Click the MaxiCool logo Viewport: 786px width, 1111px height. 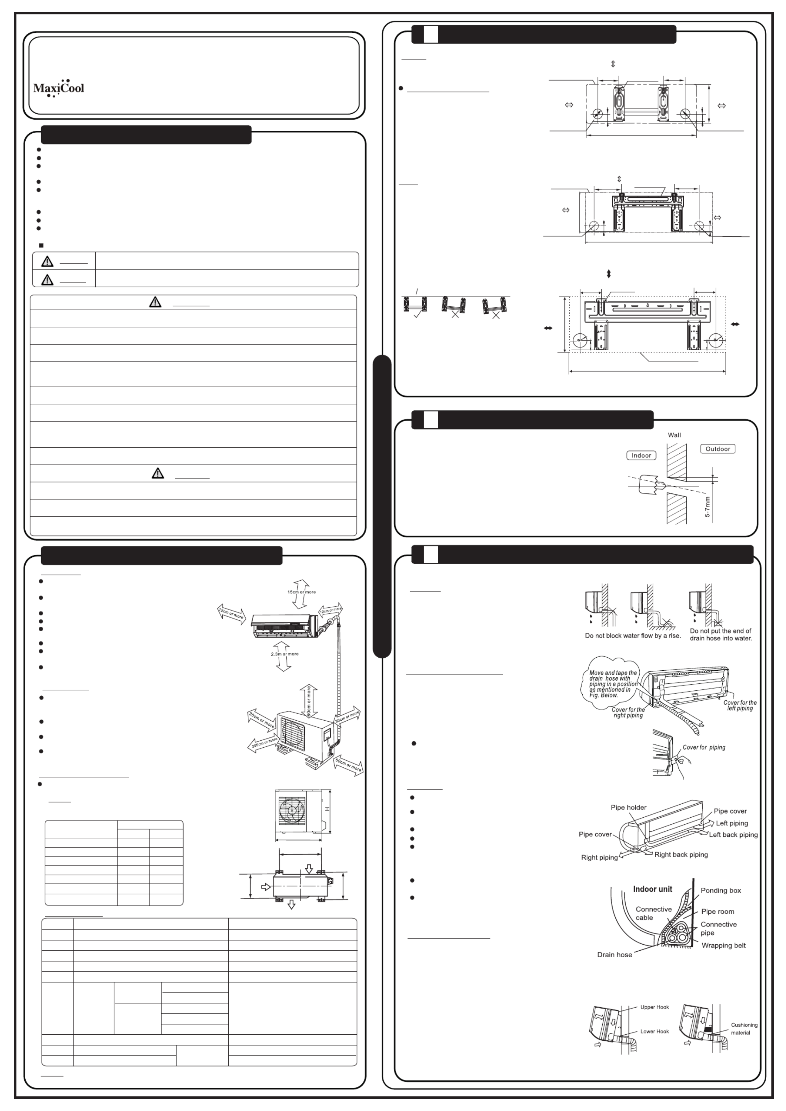[58, 88]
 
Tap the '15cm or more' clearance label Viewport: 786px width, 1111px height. [301, 592]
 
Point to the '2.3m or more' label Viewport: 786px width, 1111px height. [285, 654]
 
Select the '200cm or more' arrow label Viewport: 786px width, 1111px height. [264, 743]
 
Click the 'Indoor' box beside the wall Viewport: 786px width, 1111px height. [641, 455]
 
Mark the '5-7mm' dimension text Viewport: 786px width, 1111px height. [708, 507]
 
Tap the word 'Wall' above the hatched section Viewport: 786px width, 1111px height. [674, 435]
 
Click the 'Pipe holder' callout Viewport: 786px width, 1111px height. [628, 807]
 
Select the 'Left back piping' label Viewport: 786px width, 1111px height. [733, 835]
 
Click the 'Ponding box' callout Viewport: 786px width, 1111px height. [721, 890]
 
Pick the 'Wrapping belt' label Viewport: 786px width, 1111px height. [724, 945]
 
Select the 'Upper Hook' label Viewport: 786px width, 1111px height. [654, 1007]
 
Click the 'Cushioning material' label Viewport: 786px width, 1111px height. [744, 1029]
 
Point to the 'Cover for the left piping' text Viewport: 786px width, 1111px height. [740, 705]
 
